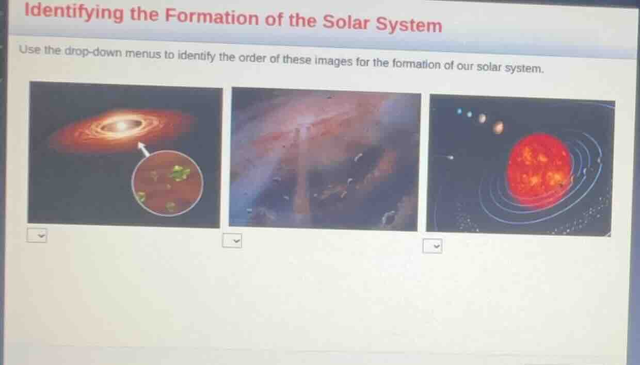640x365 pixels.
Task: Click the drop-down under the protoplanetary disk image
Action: tap(37, 236)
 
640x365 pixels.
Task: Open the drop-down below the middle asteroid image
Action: tap(232, 240)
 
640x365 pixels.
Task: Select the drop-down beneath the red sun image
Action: tap(433, 246)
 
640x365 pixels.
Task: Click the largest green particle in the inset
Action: tap(179, 173)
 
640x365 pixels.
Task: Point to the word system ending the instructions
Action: tap(525, 68)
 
